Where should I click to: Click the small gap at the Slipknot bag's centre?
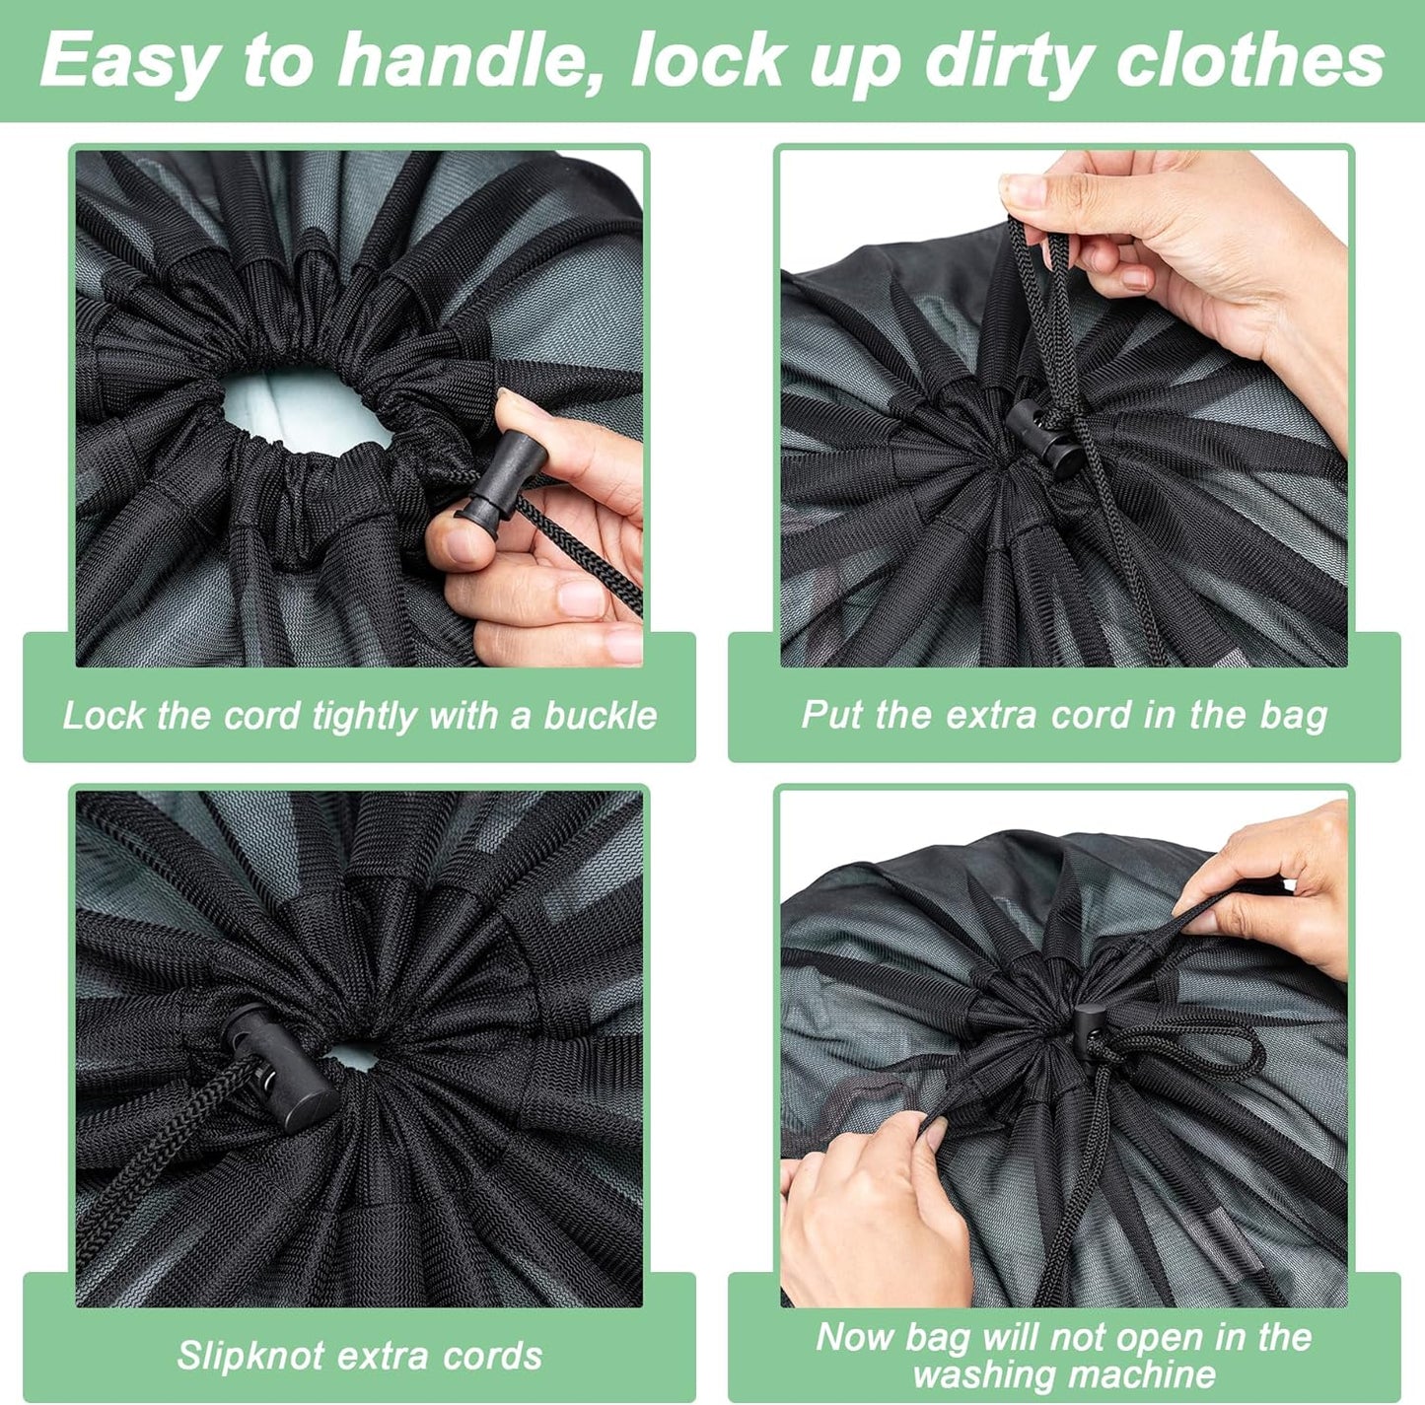(x=353, y=1057)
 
